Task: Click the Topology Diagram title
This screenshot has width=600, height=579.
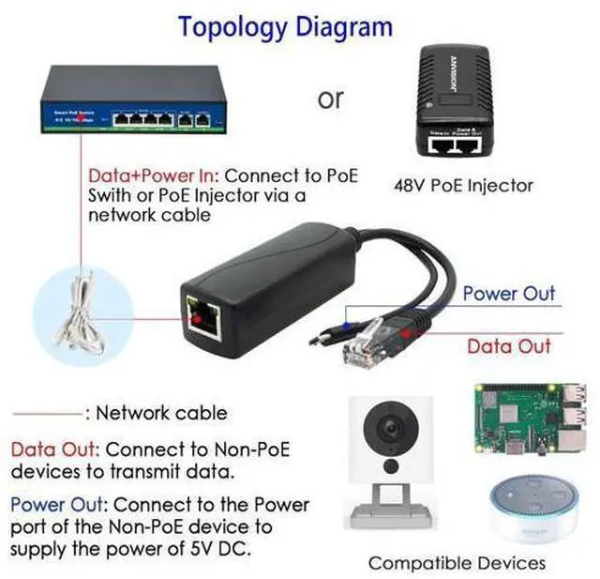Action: [285, 26]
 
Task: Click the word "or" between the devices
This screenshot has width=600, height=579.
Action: [330, 98]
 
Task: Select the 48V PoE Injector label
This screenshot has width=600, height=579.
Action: [462, 185]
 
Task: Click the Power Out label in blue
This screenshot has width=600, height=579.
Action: [508, 293]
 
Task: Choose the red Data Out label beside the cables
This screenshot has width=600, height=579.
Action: [509, 345]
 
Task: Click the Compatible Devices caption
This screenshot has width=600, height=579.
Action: [457, 563]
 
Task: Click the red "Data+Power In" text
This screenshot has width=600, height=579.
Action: [154, 175]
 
